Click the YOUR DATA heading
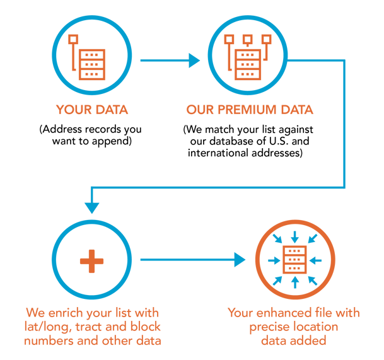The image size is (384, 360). (x=91, y=110)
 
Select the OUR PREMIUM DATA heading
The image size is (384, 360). (x=250, y=110)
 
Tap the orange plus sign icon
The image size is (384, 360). (x=92, y=260)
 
